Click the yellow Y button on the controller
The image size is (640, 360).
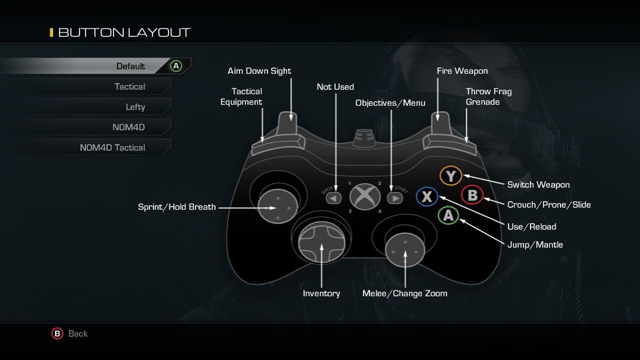(450, 176)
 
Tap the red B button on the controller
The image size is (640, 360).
(471, 195)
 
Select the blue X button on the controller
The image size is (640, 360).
(426, 196)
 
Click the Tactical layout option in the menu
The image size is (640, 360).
(129, 86)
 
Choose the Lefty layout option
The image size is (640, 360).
(135, 107)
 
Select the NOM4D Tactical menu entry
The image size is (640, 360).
(112, 147)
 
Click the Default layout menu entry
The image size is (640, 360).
(130, 66)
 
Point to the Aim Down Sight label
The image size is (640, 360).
(259, 71)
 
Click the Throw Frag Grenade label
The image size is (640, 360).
(488, 96)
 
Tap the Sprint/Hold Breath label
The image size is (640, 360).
(176, 207)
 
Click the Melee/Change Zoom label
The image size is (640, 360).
(404, 293)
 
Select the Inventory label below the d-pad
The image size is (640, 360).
(321, 293)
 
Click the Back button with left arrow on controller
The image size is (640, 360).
(333, 198)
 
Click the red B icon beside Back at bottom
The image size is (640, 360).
(57, 333)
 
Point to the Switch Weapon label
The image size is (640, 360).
(538, 184)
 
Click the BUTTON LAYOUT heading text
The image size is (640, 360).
(124, 32)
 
